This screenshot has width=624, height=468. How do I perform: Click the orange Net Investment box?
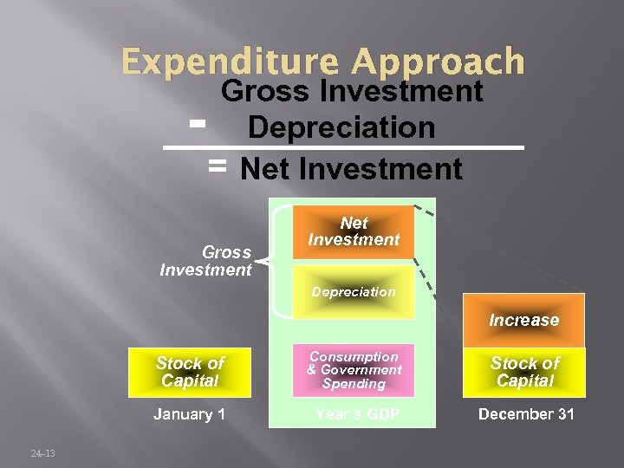354,231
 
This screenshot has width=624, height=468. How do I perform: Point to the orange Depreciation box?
354,292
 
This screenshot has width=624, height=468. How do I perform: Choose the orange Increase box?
523,320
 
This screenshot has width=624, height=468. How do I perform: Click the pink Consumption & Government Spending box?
354,370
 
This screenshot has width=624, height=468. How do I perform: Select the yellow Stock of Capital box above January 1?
189,372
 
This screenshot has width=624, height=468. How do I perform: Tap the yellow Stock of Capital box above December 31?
525,372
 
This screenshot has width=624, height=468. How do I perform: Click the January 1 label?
189,414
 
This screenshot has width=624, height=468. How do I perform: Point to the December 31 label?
526,414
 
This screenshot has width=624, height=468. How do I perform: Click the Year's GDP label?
357,414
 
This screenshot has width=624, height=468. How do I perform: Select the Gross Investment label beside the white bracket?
206,261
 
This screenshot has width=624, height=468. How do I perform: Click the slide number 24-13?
42,453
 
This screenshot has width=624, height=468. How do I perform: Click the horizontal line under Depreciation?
347,149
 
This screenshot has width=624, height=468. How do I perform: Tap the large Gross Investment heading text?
352,91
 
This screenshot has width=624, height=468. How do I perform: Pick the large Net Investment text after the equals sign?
352,169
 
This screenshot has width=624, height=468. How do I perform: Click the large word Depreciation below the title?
341,127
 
